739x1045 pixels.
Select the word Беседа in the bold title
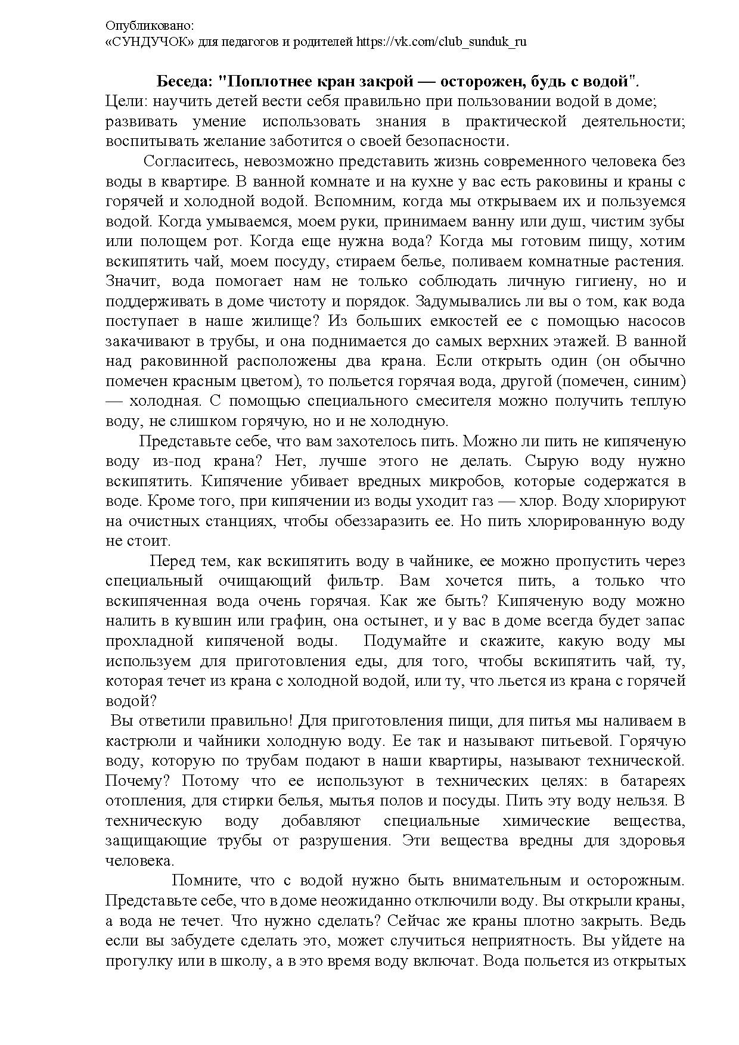[183, 81]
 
